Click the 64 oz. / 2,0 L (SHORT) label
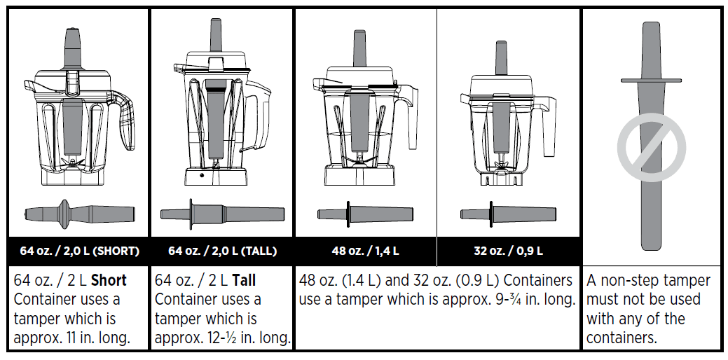[x=79, y=251]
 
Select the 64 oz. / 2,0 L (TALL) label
[x=222, y=251]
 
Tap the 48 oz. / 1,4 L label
[x=365, y=251]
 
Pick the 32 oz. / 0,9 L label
[x=508, y=251]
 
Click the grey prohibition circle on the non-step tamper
[x=651, y=148]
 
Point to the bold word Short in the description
[x=109, y=281]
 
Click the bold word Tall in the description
[x=243, y=281]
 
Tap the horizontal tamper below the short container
[x=79, y=212]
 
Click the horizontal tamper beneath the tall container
[x=222, y=214]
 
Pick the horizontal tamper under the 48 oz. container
[x=365, y=214]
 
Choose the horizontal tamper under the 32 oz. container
[x=508, y=214]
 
